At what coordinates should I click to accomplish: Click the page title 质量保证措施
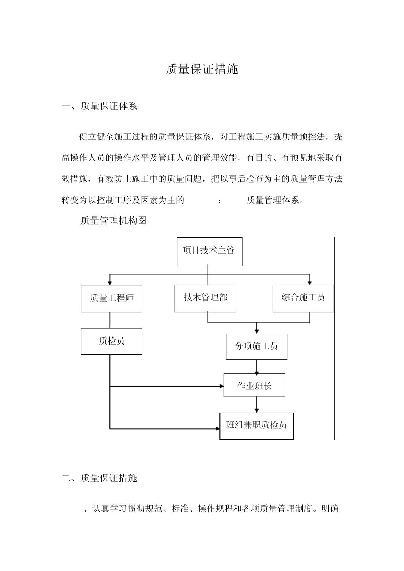[x=202, y=69]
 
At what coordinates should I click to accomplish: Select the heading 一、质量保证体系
[x=99, y=106]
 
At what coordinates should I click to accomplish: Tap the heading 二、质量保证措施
[x=99, y=478]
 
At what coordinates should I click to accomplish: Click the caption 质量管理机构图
[x=114, y=220]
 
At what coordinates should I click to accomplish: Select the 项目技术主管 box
[x=209, y=251]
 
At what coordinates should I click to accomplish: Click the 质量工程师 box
[x=111, y=298]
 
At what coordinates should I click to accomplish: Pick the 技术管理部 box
[x=205, y=298]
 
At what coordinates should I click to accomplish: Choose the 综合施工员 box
[x=303, y=298]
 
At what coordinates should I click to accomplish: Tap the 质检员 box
[x=111, y=341]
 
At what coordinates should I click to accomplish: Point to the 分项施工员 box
[x=256, y=346]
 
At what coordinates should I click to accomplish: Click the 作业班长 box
[x=254, y=386]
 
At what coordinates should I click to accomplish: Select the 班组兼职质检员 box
[x=256, y=425]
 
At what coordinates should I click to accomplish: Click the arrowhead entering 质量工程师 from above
[x=110, y=282]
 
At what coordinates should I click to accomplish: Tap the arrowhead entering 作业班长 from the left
[x=221, y=386]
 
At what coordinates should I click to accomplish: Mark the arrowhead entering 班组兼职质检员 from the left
[x=217, y=428]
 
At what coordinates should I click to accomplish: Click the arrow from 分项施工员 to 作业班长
[x=256, y=367]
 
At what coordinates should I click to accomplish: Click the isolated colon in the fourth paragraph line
[x=219, y=201]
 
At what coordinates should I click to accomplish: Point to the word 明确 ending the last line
[x=330, y=509]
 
